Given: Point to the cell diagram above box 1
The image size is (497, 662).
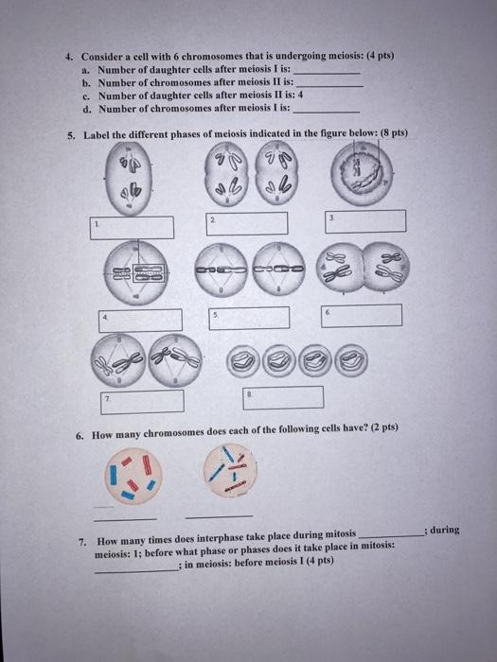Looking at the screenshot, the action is (129, 178).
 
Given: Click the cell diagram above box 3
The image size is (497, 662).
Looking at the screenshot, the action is (362, 173).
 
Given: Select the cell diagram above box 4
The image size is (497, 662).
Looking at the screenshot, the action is (136, 273).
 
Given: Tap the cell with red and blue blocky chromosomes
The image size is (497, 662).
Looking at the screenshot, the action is (133, 476).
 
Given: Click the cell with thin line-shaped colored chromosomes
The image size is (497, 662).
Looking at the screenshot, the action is (230, 470).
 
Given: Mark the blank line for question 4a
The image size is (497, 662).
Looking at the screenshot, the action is (327, 73).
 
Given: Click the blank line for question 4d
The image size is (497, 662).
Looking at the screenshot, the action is (327, 113).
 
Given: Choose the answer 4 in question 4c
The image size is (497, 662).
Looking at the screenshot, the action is (300, 95).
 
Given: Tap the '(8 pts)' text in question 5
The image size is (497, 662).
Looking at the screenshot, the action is (394, 132).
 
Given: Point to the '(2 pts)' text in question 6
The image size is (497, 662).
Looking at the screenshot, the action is (384, 427).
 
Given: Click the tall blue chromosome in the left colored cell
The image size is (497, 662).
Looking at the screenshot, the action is (113, 475).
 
